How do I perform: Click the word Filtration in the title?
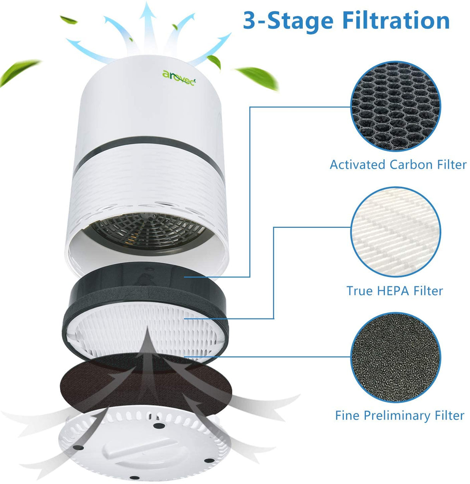coord(396,20)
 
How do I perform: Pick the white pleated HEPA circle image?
coord(396,232)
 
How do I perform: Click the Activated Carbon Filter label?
coord(398,165)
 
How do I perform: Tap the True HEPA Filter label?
coord(394,291)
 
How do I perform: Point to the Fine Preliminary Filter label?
coord(399,415)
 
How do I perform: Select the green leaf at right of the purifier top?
coord(257,76)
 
